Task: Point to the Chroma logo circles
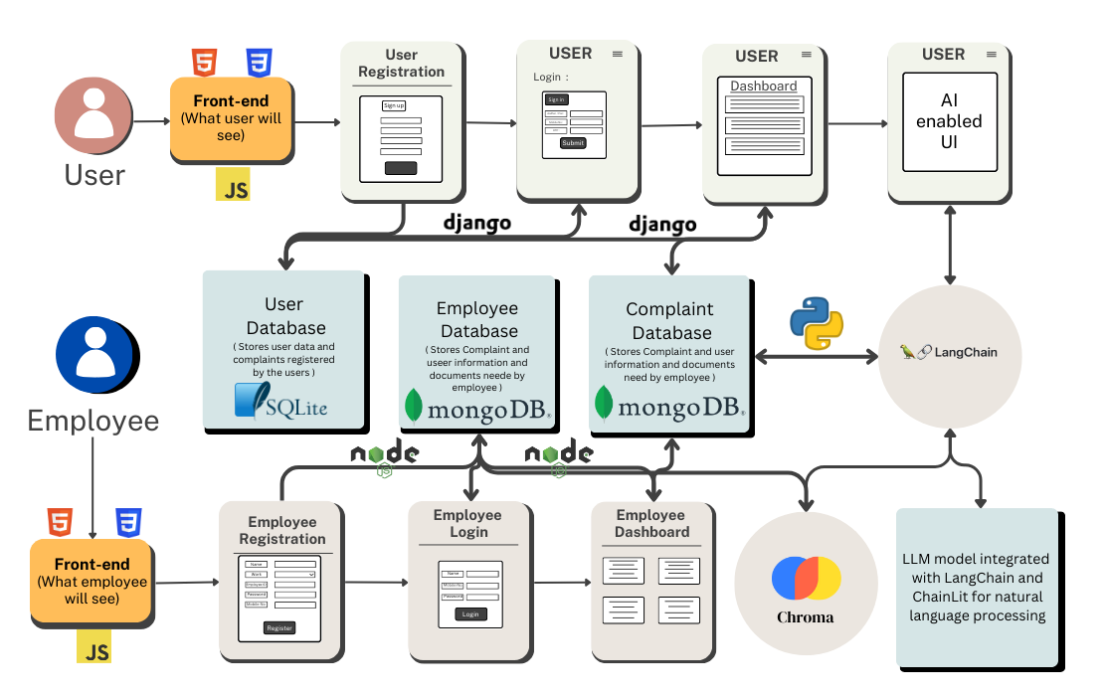[x=806, y=578]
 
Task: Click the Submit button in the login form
[x=573, y=143]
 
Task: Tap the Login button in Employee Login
[x=470, y=614]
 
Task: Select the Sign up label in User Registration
[x=394, y=105]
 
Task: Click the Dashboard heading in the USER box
[x=764, y=87]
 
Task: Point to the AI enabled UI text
[x=949, y=121]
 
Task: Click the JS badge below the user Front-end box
[x=234, y=184]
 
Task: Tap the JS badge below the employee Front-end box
[x=94, y=647]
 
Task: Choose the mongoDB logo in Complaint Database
[x=670, y=407]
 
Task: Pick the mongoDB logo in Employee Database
[x=477, y=408]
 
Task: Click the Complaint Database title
[x=670, y=321]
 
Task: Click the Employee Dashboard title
[x=651, y=523]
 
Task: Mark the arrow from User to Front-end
[x=150, y=122]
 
